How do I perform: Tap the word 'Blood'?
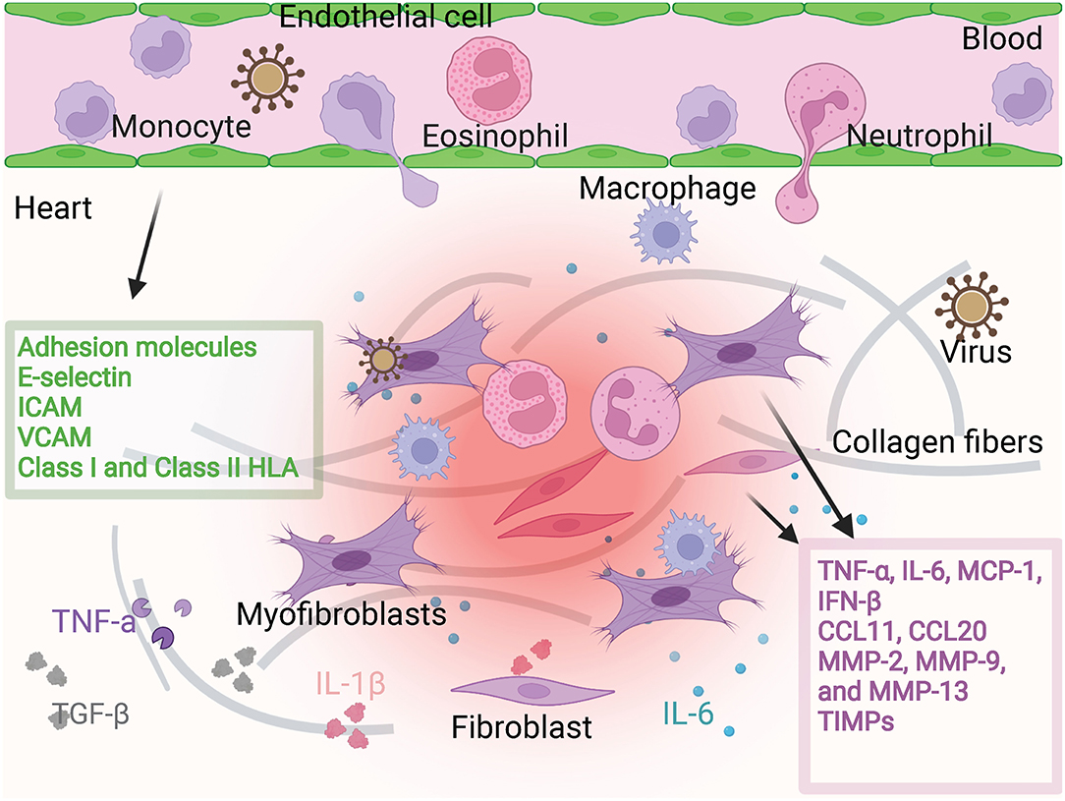1003,38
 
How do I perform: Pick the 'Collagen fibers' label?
937,442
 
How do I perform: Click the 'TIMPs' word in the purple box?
860,718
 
